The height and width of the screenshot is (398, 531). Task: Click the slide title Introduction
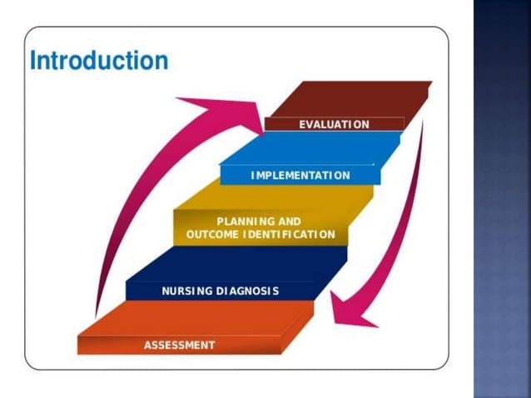coord(98,61)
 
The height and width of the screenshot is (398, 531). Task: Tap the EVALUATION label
coord(334,124)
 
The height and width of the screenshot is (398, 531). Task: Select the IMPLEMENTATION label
coord(300,176)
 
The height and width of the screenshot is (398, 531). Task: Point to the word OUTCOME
coord(213,235)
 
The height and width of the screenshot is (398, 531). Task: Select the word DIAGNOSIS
coord(247,291)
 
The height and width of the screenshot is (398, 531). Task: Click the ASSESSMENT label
coord(179,345)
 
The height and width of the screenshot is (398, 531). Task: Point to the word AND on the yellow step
coord(288,221)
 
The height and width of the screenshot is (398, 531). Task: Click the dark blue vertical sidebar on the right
coord(502,200)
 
